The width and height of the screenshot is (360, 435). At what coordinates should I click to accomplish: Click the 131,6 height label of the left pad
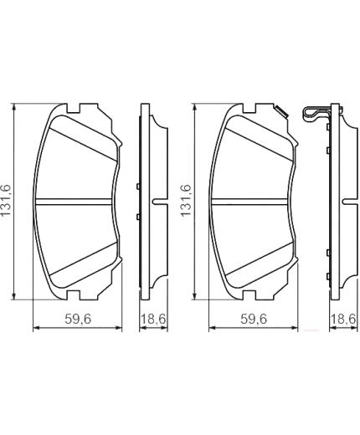[6, 200]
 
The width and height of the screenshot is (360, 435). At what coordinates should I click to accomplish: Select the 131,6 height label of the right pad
[186, 200]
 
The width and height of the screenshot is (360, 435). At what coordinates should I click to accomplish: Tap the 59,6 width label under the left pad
[78, 319]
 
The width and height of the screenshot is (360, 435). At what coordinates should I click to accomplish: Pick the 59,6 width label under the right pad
[254, 319]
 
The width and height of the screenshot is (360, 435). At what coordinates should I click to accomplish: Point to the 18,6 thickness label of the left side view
[153, 319]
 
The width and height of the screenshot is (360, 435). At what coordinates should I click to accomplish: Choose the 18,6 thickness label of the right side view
[343, 319]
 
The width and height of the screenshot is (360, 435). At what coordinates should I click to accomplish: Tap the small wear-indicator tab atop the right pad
[281, 111]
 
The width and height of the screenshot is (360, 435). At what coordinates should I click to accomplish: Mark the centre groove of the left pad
[74, 202]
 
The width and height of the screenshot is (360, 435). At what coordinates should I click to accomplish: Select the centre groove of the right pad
[249, 202]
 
